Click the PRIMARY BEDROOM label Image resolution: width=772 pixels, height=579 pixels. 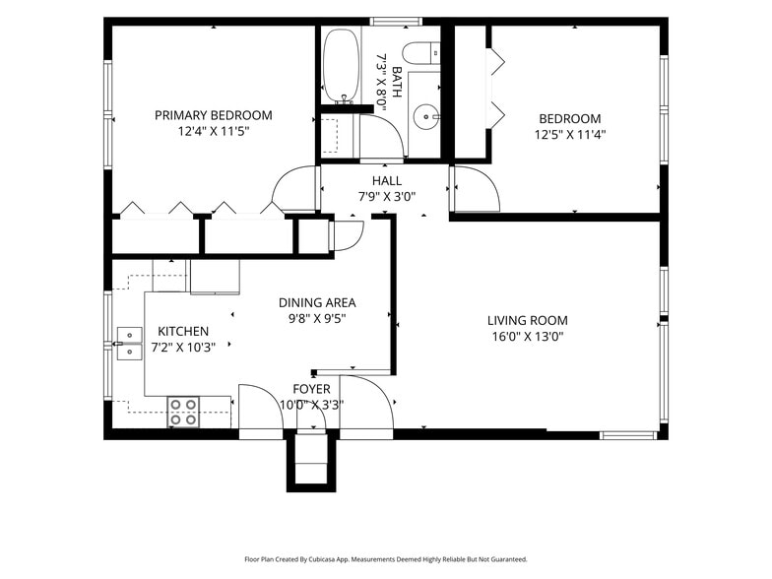pyautogui.click(x=213, y=115)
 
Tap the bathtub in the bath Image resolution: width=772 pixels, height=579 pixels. pyautogui.click(x=342, y=65)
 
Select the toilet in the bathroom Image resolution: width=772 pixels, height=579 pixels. pyautogui.click(x=421, y=53)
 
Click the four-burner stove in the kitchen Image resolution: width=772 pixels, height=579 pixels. pyautogui.click(x=183, y=412)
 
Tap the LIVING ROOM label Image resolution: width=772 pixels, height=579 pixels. pyautogui.click(x=528, y=321)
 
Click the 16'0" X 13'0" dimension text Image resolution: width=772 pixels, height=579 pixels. pyautogui.click(x=528, y=337)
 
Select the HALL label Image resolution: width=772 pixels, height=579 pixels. pyautogui.click(x=386, y=181)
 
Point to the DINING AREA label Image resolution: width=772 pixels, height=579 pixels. pyautogui.click(x=317, y=303)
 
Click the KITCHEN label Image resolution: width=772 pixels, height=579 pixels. pyautogui.click(x=183, y=331)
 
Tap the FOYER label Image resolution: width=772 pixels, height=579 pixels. pyautogui.click(x=311, y=390)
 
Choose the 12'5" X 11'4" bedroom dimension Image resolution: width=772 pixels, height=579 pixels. pyautogui.click(x=570, y=135)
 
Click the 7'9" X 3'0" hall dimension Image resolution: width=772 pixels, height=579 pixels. pyautogui.click(x=386, y=197)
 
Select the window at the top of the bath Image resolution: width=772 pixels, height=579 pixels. pyautogui.click(x=396, y=22)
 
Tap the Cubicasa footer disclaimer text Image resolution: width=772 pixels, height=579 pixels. pyautogui.click(x=386, y=559)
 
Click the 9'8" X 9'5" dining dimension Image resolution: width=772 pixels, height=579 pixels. pyautogui.click(x=317, y=319)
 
